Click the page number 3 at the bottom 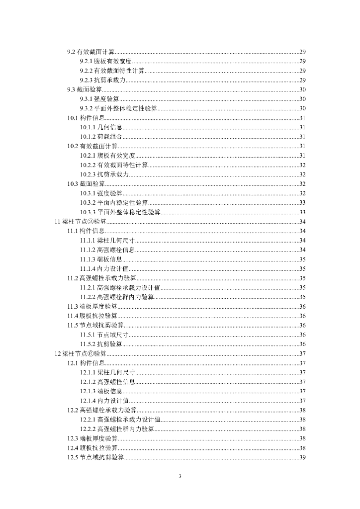pyautogui.click(x=180, y=477)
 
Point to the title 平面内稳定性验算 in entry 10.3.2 pyautogui.click(x=123, y=203)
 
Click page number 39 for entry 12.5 pyautogui.click(x=302, y=457)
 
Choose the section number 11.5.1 pyautogui.click(x=88, y=335)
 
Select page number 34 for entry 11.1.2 pyautogui.click(x=302, y=250)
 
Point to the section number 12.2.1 pyautogui.click(x=88, y=420)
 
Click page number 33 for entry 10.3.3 pyautogui.click(x=302, y=212)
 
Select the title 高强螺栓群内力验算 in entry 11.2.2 pyautogui.click(x=126, y=297)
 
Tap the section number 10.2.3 pyautogui.click(x=88, y=174)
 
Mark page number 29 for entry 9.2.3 pyautogui.click(x=302, y=80)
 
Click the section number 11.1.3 pyautogui.click(x=88, y=259)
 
